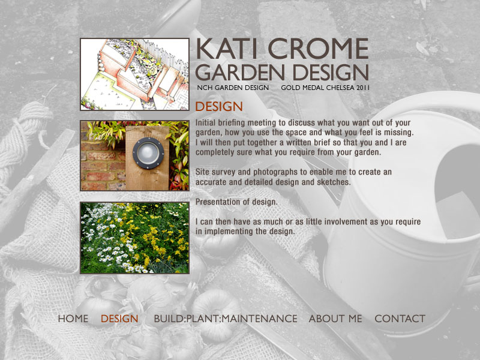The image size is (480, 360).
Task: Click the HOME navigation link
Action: (73, 319)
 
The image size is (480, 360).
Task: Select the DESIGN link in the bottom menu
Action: (119, 319)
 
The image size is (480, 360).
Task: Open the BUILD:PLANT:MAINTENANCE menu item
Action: (226, 319)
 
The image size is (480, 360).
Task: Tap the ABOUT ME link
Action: (335, 319)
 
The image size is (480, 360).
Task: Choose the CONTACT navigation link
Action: (400, 319)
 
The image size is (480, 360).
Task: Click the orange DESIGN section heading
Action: (219, 107)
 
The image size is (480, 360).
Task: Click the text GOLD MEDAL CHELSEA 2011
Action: (325, 88)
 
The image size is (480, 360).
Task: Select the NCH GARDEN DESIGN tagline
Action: (233, 88)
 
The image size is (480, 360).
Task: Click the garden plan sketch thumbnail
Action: (134, 74)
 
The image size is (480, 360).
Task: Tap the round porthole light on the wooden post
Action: (148, 153)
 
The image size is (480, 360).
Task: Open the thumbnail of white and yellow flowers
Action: (134, 238)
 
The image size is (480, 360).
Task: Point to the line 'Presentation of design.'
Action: (236, 202)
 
